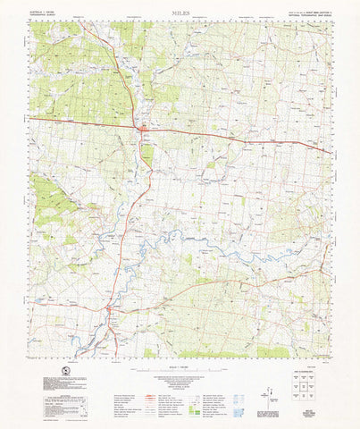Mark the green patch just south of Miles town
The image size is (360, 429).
coord(147,154)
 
